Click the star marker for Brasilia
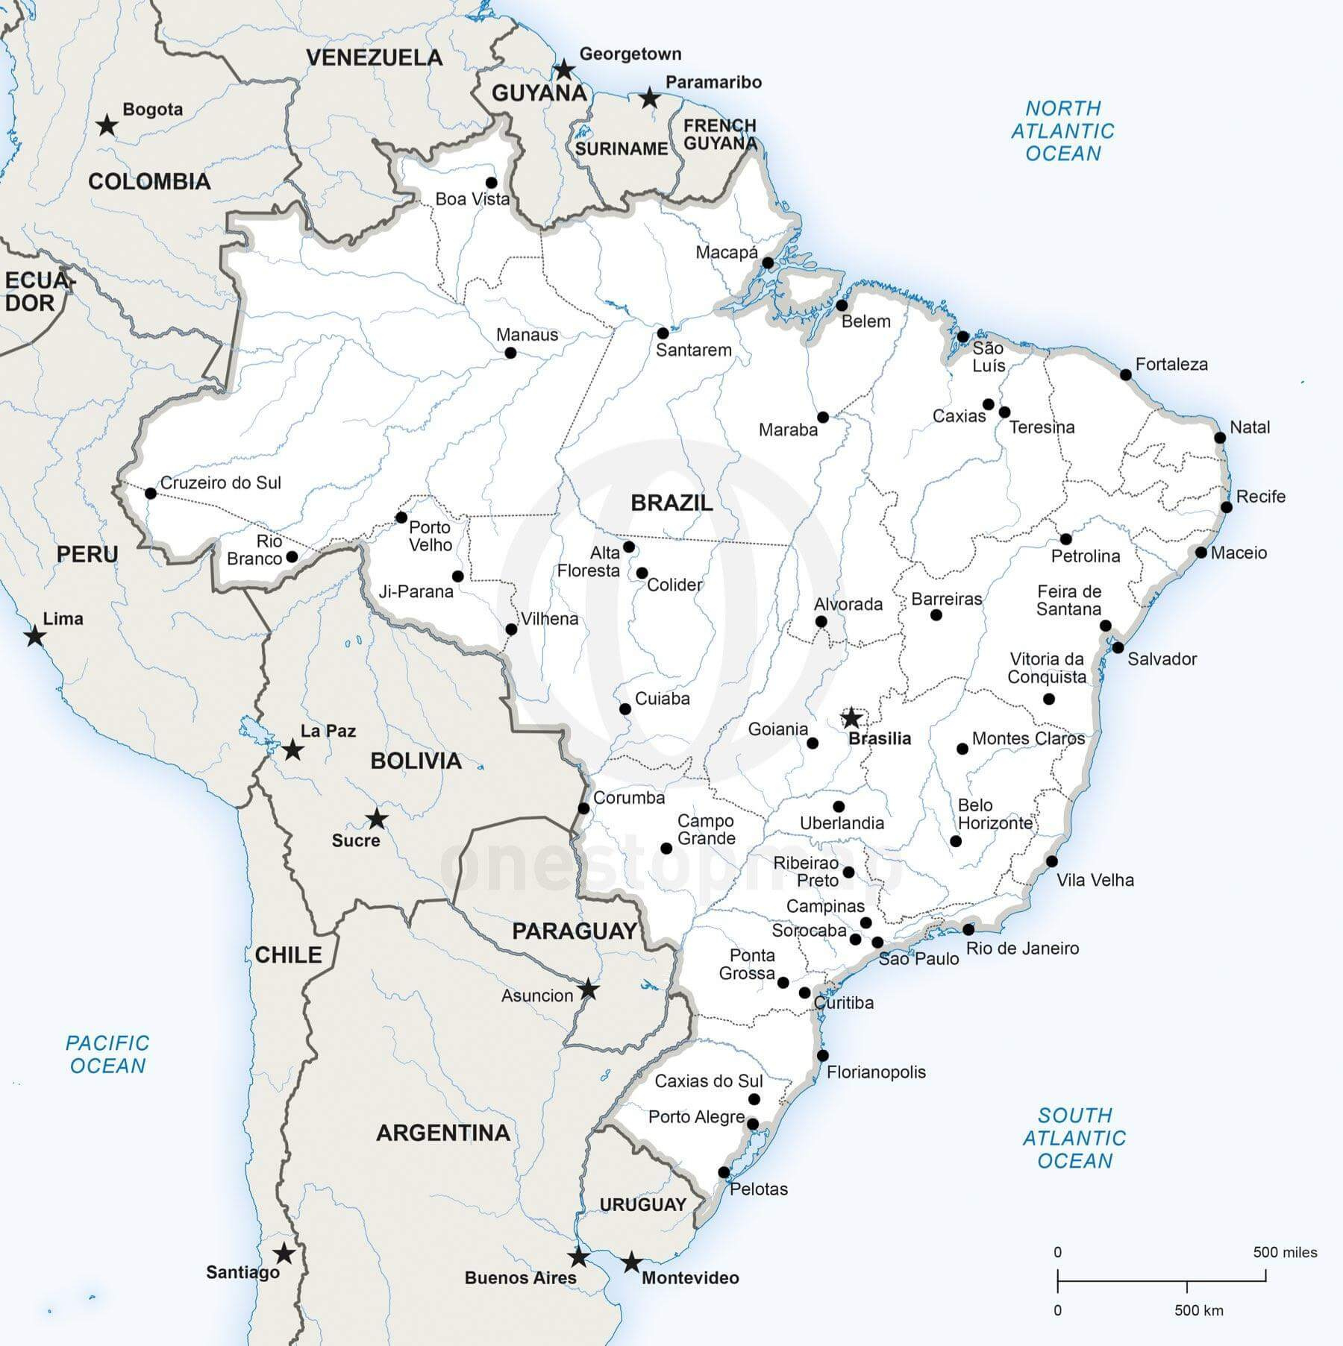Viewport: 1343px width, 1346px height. tap(851, 718)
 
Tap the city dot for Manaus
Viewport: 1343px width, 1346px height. tap(510, 353)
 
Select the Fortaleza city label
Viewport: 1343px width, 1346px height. tap(1171, 365)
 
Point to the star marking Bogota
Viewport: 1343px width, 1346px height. tap(108, 125)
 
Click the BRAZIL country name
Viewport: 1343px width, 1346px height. tap(671, 503)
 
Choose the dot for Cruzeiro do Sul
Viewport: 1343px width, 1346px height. tap(151, 493)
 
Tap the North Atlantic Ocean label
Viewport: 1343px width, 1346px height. tap(1062, 130)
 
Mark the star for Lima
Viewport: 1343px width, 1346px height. tap(34, 637)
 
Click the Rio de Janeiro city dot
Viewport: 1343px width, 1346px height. tap(968, 929)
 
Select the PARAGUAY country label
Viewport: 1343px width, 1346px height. tap(574, 931)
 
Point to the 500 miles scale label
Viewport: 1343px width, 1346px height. tap(1285, 1252)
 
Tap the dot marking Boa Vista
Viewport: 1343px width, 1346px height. tap(491, 183)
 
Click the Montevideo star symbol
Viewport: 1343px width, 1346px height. tap(631, 1262)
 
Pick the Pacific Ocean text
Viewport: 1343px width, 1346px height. tap(107, 1054)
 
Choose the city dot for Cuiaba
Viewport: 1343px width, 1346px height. tap(625, 708)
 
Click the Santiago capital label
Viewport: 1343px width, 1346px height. tap(242, 1272)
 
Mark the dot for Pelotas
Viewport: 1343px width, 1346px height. tap(724, 1172)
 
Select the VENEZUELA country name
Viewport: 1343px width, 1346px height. tap(375, 57)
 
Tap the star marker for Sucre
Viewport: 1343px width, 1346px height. tap(377, 819)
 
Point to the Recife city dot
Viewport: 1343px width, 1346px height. tap(1226, 507)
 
